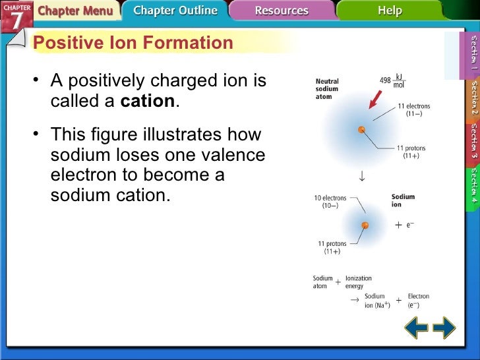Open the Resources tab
(x=281, y=11)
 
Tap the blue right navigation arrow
(x=444, y=328)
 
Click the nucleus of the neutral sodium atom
(x=361, y=130)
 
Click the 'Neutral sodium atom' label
(x=327, y=89)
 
